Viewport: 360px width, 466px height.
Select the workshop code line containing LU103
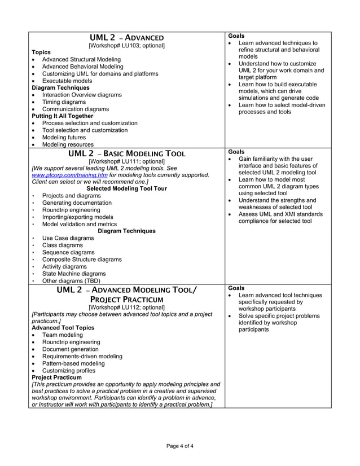click(126, 45)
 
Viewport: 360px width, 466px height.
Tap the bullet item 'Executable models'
click(67, 81)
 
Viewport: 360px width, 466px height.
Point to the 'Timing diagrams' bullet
click(65, 102)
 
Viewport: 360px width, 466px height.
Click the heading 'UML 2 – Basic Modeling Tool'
click(126, 153)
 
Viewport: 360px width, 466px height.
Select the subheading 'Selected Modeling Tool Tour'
click(126, 188)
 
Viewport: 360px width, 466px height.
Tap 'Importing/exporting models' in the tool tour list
click(78, 217)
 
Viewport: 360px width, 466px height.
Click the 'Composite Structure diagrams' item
click(82, 260)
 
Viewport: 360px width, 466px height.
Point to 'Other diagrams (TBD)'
click(71, 280)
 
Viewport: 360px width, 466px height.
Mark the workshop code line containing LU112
click(126, 307)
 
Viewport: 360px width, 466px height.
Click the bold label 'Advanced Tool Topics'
click(63, 328)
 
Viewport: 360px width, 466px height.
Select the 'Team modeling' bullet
click(62, 335)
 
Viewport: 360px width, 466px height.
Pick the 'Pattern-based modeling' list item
click(73, 364)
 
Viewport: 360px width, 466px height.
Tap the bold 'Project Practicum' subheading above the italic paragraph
click(56, 377)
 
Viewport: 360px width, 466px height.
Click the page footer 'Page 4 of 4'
click(180, 446)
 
